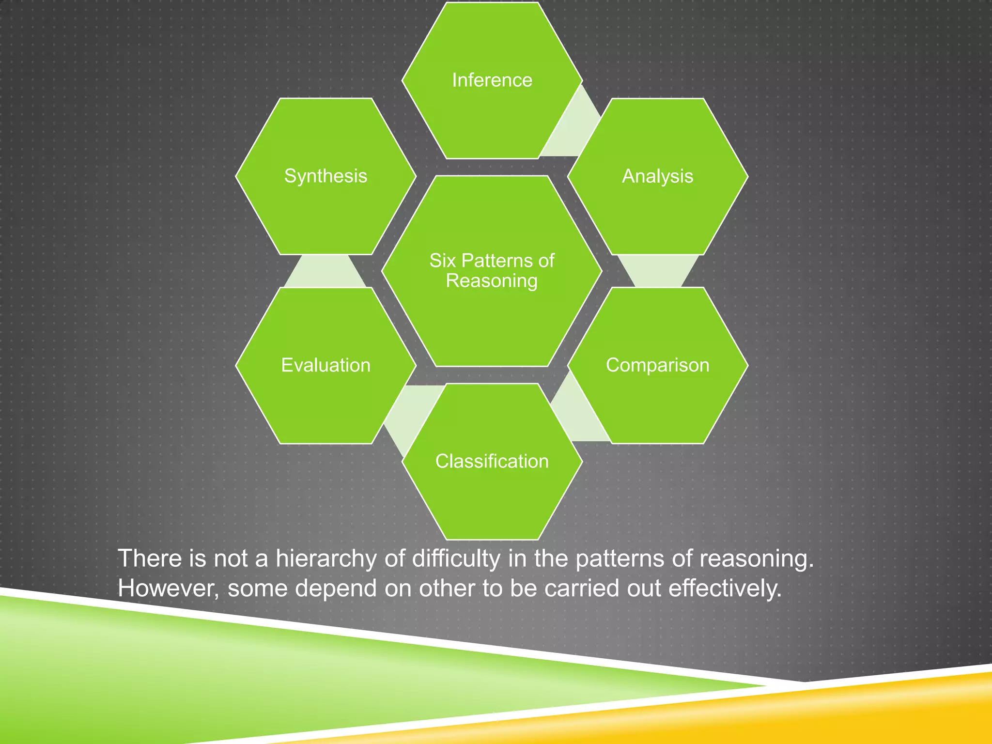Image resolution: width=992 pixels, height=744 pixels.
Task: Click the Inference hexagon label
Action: click(492, 80)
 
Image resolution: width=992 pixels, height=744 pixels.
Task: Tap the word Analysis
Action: click(657, 176)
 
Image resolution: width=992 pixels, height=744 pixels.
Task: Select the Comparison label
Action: click(657, 365)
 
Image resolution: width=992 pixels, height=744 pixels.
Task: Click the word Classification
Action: click(492, 461)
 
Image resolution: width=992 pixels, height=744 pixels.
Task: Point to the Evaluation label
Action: click(325, 365)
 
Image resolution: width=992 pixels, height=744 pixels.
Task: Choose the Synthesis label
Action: click(325, 175)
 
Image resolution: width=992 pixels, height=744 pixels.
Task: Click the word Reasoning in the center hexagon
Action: click(492, 281)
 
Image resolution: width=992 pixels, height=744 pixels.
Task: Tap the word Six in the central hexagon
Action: click(443, 261)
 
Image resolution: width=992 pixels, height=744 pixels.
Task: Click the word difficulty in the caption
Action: click(456, 558)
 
